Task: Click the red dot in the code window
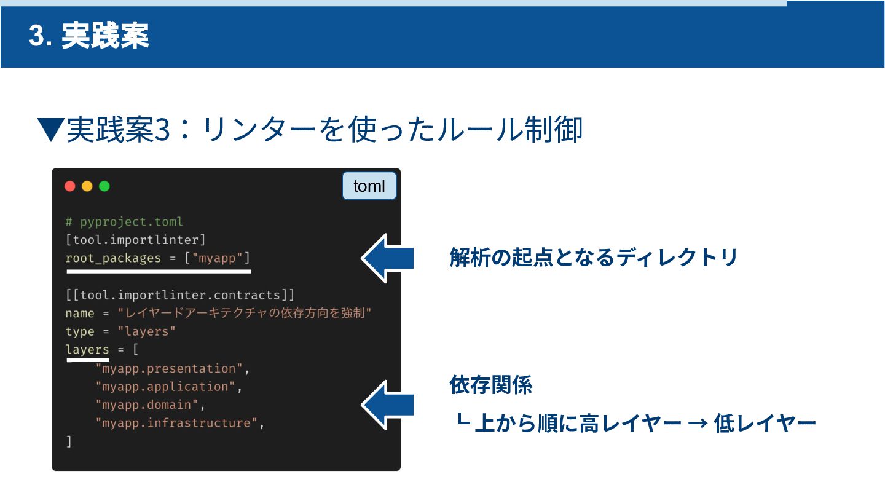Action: point(70,186)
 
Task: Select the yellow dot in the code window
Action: point(87,186)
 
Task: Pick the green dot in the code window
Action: point(104,186)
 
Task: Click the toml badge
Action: point(369,186)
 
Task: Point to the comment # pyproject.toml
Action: point(124,221)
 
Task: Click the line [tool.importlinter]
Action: point(135,240)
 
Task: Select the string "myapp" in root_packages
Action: point(218,258)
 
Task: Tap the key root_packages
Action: point(113,258)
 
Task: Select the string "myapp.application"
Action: point(165,387)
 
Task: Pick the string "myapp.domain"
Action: point(147,405)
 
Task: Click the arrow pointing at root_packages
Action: point(387,258)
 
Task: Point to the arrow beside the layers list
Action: point(387,405)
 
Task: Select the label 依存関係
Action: point(490,386)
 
